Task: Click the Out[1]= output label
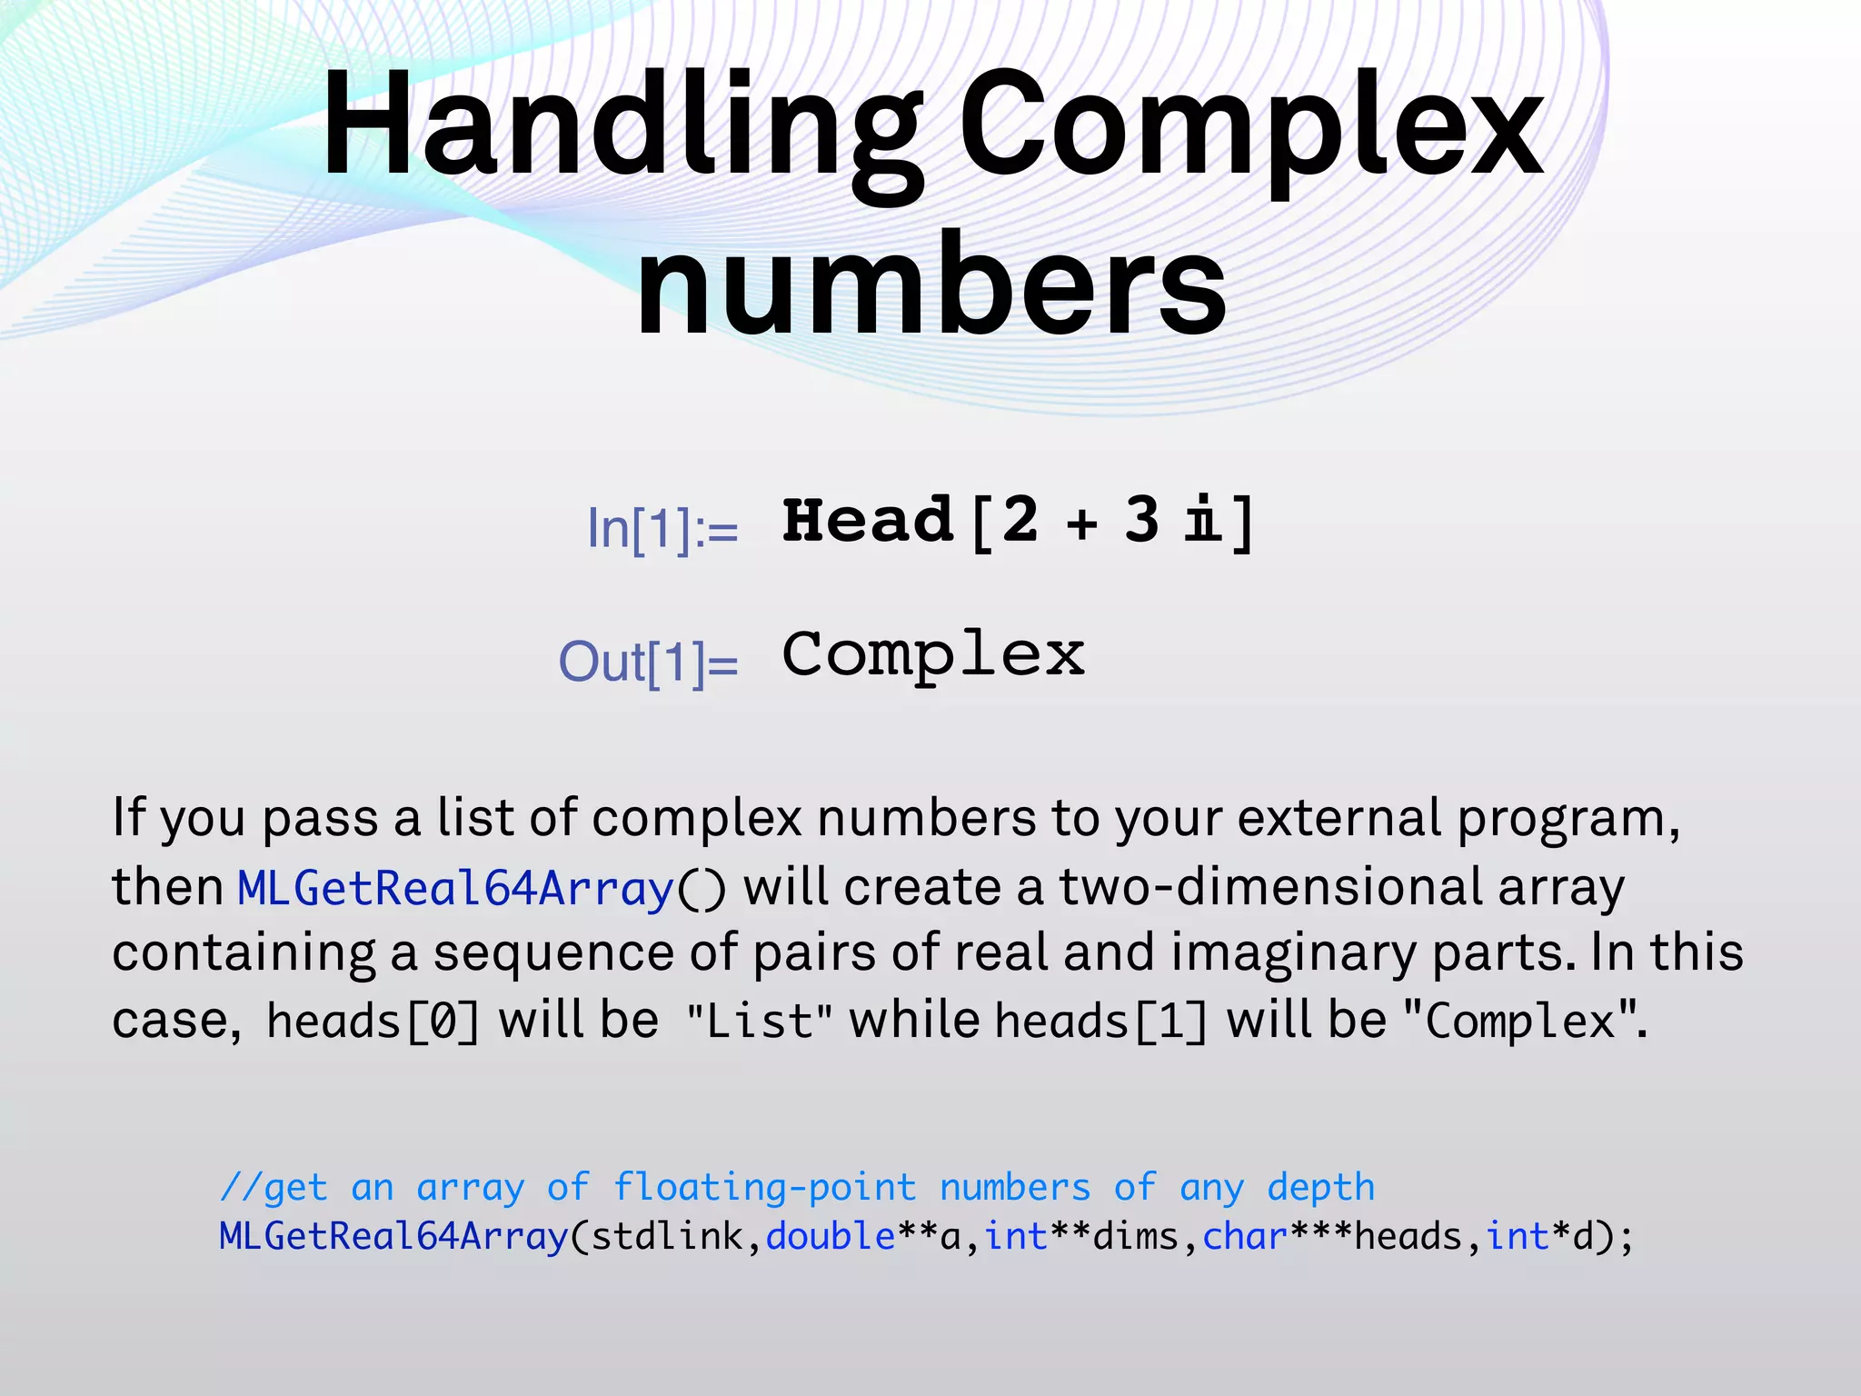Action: coord(648,662)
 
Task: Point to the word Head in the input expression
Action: coord(868,521)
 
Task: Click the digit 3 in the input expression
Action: coord(1141,521)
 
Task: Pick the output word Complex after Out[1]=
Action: coord(933,654)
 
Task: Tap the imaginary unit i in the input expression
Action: coord(1203,521)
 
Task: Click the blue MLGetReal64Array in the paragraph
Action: coord(455,888)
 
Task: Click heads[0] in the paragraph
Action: coord(373,1021)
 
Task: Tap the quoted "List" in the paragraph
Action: coord(760,1021)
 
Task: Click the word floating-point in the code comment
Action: coord(764,1187)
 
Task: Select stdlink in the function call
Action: coord(667,1237)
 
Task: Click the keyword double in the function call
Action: coord(831,1237)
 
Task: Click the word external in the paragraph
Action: coord(1339,818)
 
